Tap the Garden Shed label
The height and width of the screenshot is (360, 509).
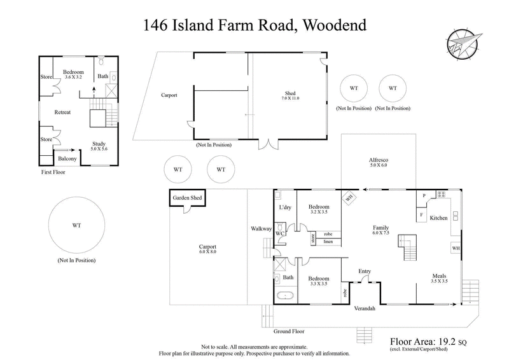187,198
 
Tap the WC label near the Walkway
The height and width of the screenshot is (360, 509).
279,233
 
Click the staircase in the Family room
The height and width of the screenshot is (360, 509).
406,247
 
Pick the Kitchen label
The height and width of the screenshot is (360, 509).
439,218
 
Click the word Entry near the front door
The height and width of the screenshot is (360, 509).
365,272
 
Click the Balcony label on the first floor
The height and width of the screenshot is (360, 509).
67,158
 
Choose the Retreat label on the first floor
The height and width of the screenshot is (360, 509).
62,112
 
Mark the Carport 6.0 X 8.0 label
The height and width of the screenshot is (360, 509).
207,249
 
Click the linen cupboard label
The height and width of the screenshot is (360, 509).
328,242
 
